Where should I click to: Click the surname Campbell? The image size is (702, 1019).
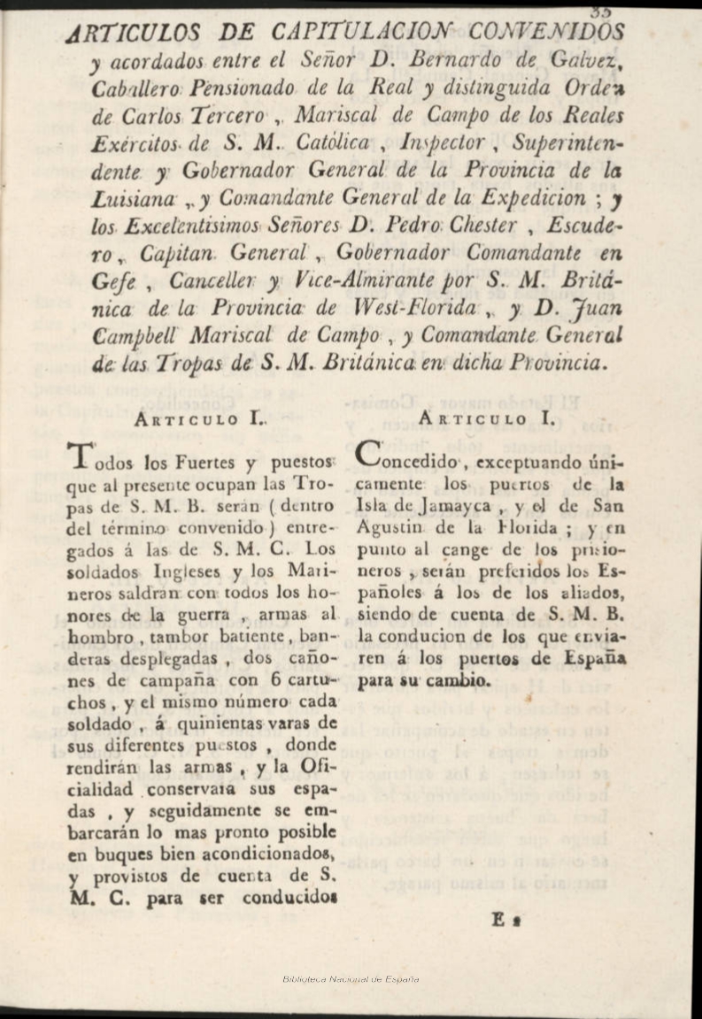(x=146, y=337)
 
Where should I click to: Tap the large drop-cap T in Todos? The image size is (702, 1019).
(x=80, y=457)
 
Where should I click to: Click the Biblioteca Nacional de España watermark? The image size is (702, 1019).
(x=351, y=979)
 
